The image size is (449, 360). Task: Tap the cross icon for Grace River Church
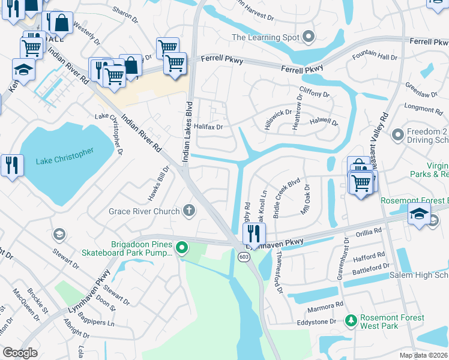coord(189,211)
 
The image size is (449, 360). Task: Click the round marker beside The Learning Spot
coord(309,37)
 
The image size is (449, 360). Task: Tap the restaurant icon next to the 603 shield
coord(254,233)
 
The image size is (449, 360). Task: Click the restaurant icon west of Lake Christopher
coord(12,165)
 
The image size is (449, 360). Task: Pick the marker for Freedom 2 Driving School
coord(397,135)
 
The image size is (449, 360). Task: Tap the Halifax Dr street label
coord(208,127)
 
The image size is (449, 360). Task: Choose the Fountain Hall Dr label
coord(375,56)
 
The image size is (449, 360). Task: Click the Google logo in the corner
coord(20,353)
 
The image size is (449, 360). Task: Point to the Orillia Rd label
coord(368,231)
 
